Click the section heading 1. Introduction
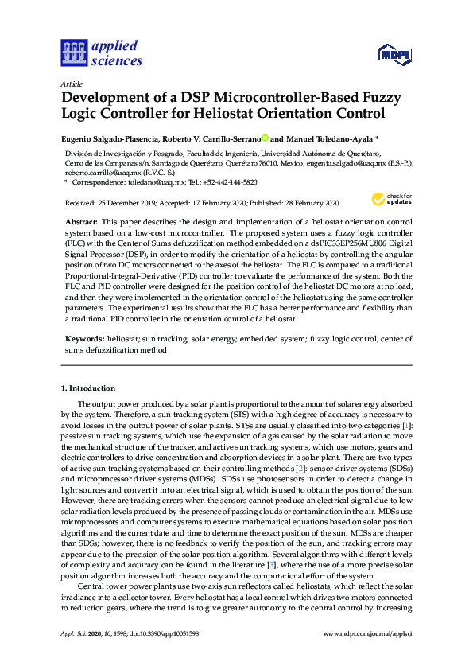pyautogui.click(x=87, y=388)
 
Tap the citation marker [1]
pyautogui.click(x=408, y=426)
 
